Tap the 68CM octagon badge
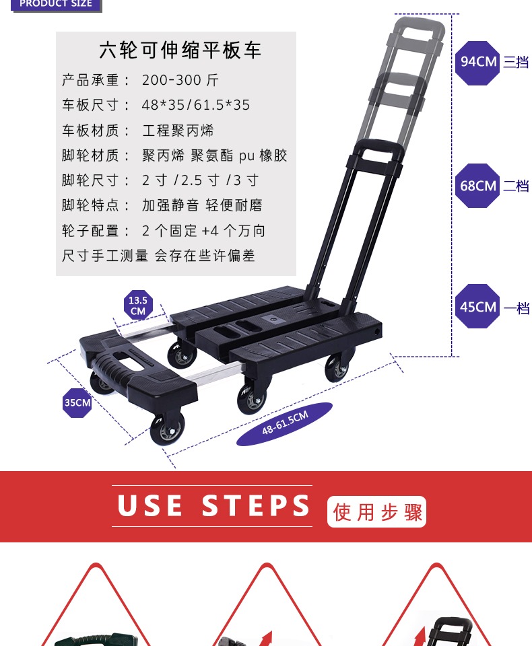[477, 186]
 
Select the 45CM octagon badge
[477, 306]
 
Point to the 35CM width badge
[77, 402]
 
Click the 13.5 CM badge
[138, 306]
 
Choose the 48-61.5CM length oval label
[285, 423]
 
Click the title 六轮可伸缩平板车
[180, 50]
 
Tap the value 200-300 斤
[180, 80]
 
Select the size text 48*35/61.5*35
[196, 105]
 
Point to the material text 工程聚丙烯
[178, 131]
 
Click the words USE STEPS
[213, 505]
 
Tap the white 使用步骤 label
[376, 511]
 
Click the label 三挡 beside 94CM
[516, 62]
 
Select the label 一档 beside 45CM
[517, 308]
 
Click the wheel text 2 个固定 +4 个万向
[203, 231]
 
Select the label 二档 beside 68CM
[516, 186]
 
